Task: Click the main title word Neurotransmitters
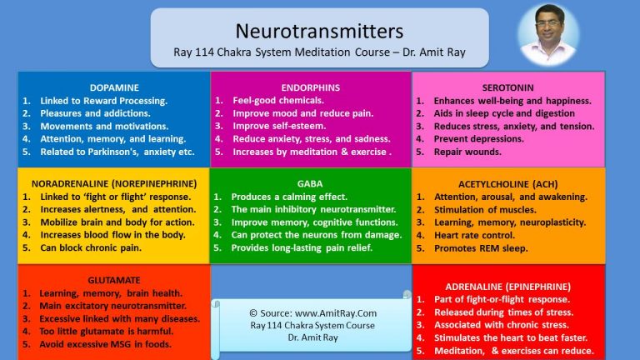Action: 319,31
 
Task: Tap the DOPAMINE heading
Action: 114,87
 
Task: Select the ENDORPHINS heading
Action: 311,87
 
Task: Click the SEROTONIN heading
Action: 507,87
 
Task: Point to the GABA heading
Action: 310,184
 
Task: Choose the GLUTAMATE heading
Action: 114,280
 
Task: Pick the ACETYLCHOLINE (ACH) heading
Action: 508,184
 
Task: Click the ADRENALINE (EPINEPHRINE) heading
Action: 508,287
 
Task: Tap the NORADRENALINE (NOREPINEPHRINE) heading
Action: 114,184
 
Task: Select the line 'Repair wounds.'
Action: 467,152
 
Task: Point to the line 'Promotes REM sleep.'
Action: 481,248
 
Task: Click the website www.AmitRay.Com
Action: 336,313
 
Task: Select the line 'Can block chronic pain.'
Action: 91,247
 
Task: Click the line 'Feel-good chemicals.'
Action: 278,100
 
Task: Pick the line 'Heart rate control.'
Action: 474,236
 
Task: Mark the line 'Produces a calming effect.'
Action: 289,197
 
